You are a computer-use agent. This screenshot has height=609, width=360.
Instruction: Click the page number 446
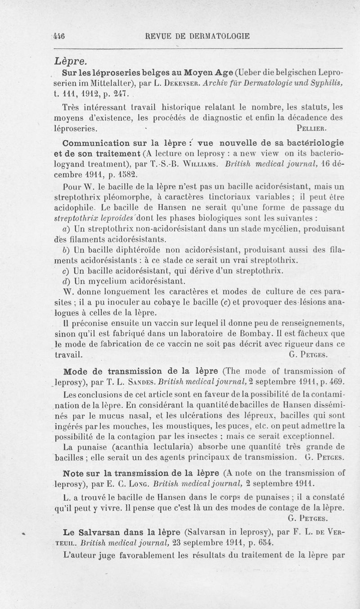tap(59, 37)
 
